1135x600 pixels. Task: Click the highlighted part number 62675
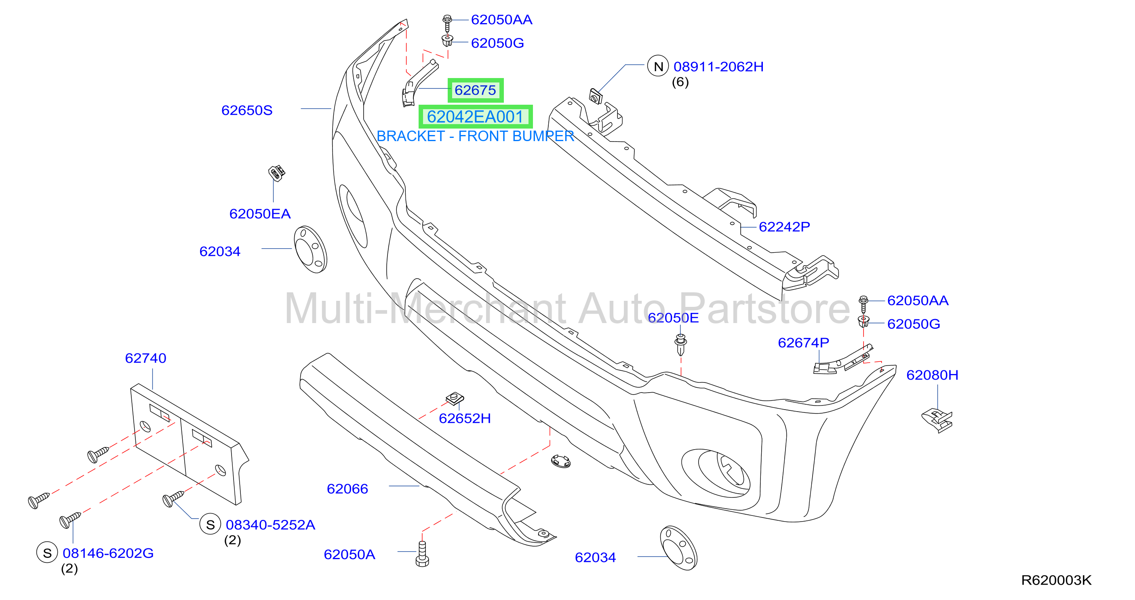[x=475, y=91]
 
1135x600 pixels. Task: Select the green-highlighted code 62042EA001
[x=475, y=117]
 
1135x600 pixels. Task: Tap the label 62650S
[x=247, y=110]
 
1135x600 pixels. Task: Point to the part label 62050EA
[x=260, y=214]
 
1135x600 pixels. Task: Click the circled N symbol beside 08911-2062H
[x=658, y=67]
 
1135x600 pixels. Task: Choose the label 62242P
[x=784, y=226]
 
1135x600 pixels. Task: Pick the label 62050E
[x=673, y=318]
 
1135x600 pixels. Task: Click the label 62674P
[x=803, y=342]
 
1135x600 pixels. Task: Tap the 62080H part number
[x=932, y=375]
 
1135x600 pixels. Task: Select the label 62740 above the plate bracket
[x=145, y=358]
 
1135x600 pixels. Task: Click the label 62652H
[x=465, y=418]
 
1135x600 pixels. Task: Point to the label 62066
[x=347, y=489]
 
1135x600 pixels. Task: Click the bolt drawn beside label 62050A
[x=422, y=554]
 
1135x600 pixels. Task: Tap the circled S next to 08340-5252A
[x=210, y=524]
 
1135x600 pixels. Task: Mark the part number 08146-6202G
[x=108, y=553]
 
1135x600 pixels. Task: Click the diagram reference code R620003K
[x=1056, y=580]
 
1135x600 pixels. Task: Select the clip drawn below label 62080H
[x=937, y=420]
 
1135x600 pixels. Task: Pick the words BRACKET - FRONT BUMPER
[x=475, y=136]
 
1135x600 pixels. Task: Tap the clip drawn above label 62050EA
[x=277, y=173]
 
